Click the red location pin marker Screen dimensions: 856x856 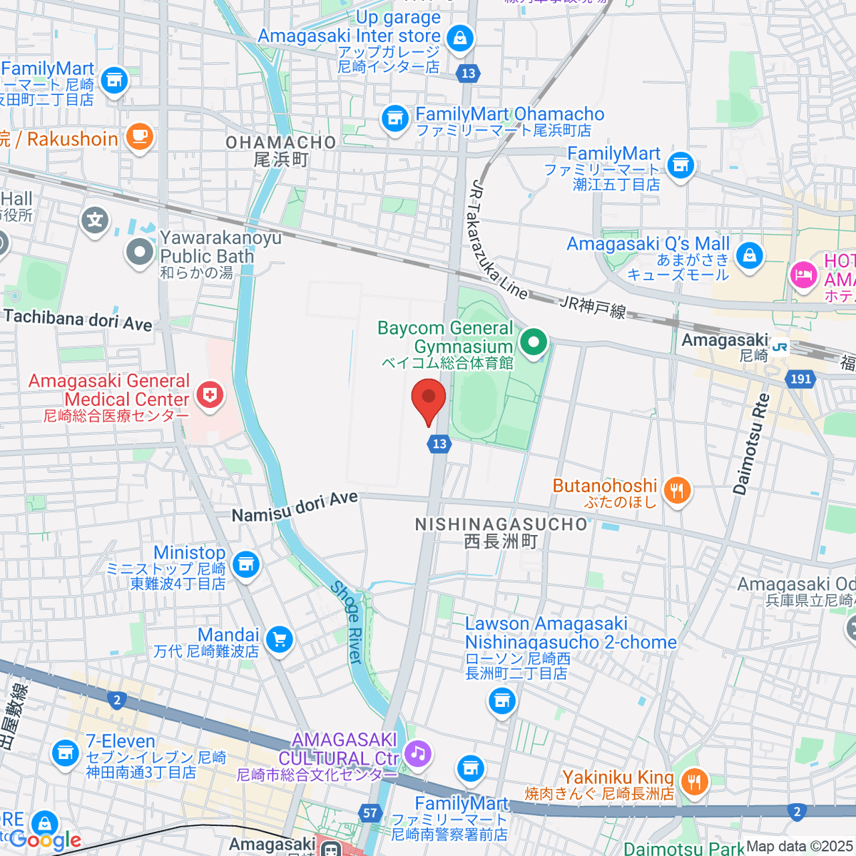tap(429, 399)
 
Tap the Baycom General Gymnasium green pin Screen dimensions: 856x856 tap(533, 343)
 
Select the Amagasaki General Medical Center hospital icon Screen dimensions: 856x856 tap(210, 394)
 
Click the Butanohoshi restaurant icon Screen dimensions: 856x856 tap(677, 491)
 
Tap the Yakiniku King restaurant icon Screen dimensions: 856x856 tap(693, 782)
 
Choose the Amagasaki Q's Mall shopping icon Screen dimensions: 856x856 tap(749, 255)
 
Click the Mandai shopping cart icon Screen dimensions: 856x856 tap(279, 640)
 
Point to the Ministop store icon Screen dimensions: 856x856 tap(246, 564)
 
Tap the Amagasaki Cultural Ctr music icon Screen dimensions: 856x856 tap(417, 753)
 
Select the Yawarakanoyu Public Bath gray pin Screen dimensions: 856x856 tap(140, 251)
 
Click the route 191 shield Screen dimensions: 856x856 tap(800, 379)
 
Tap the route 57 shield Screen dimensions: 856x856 tap(370, 812)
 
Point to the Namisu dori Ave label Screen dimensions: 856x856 tap(295, 506)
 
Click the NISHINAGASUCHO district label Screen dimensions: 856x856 tap(501, 524)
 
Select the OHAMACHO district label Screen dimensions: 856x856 tap(281, 143)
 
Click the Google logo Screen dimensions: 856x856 tap(44, 840)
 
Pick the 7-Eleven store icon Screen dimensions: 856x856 tap(65, 753)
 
